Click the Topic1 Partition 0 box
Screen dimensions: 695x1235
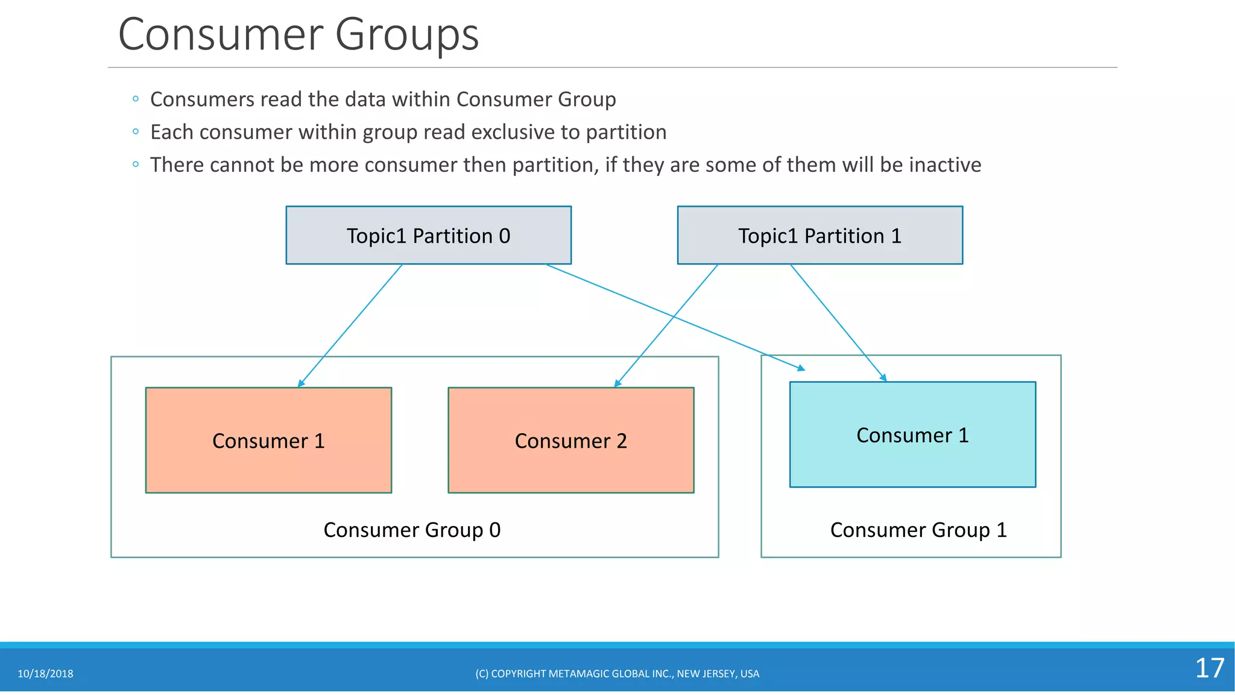428,235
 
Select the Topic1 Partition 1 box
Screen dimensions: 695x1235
820,235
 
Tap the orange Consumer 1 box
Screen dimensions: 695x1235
268,440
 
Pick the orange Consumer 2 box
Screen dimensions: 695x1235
570,440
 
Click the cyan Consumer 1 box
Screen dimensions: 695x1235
912,434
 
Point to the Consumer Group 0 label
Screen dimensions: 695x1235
412,530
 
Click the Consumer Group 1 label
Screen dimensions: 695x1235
918,530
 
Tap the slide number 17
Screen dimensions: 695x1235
1209,668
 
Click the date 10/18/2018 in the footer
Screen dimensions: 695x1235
45,674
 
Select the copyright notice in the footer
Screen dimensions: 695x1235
617,674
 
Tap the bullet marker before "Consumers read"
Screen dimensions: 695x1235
136,98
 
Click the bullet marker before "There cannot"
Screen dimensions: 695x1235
136,164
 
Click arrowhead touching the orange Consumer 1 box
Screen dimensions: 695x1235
301,384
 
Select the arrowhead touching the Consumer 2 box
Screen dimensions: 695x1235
617,384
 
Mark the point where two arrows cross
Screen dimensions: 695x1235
674,316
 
